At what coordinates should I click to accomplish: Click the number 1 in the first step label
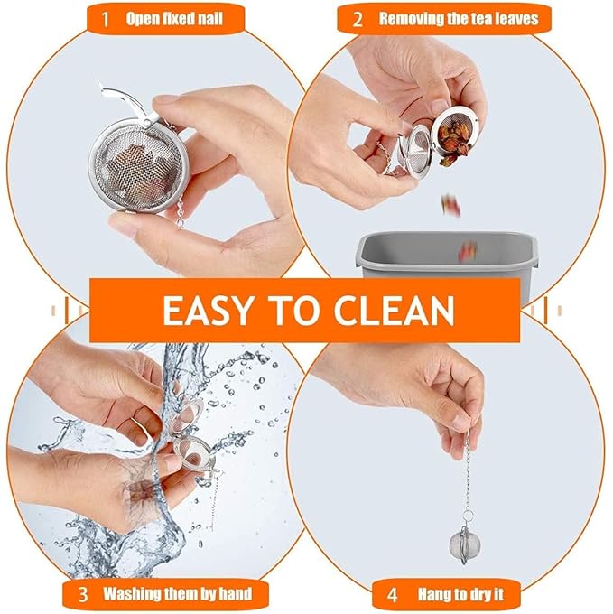pos(105,19)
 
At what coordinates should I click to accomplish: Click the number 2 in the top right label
pos(358,20)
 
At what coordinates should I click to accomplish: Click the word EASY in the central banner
pos(207,311)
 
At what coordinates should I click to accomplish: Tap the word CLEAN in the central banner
pos(394,311)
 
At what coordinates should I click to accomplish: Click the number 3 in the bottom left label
pos(82,594)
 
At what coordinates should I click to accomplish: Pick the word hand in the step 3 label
pos(236,593)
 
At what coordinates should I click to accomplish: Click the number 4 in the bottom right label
pos(392,595)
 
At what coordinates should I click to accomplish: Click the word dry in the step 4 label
pos(482,596)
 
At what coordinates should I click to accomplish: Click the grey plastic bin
pos(446,255)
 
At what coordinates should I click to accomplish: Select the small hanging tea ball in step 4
pos(464,544)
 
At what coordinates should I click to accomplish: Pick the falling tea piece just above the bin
pos(469,250)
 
